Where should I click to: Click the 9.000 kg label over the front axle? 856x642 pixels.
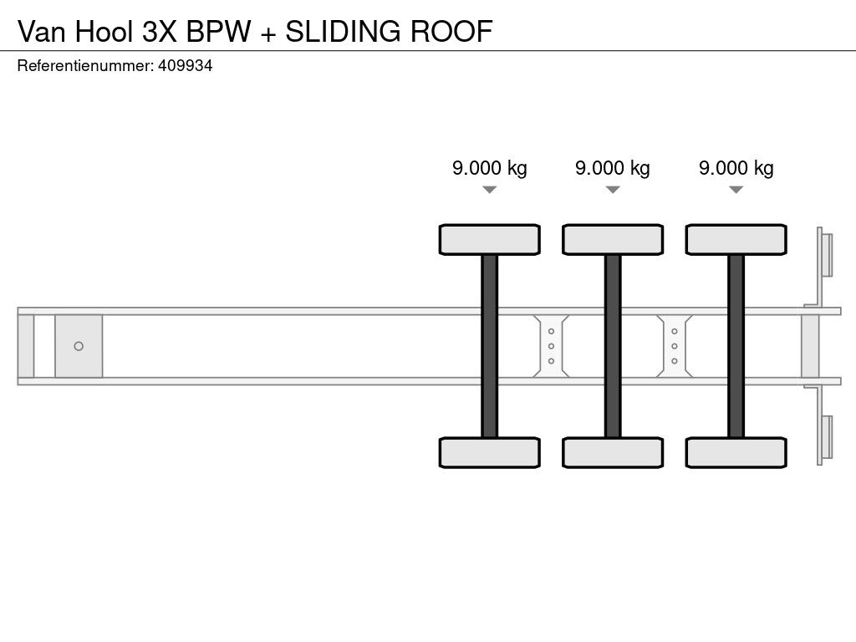489,168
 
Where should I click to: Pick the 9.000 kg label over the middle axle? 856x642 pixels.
612,168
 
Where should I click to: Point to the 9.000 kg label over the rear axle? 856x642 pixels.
736,168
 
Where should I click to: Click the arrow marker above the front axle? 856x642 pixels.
489,190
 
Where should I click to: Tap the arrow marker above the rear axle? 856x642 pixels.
736,190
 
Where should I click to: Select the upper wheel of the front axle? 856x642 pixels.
489,239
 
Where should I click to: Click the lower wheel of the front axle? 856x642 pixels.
489,452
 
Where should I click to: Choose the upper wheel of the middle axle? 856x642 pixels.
613,239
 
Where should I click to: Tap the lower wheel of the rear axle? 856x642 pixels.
736,452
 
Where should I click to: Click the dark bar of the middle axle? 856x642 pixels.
613,345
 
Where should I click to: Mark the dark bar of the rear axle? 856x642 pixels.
736,345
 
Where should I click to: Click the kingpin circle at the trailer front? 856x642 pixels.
79,346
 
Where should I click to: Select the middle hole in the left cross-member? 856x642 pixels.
551,346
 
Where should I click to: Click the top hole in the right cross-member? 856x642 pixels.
674,331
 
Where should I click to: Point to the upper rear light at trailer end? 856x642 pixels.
827,254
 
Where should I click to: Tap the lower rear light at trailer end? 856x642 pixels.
827,436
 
